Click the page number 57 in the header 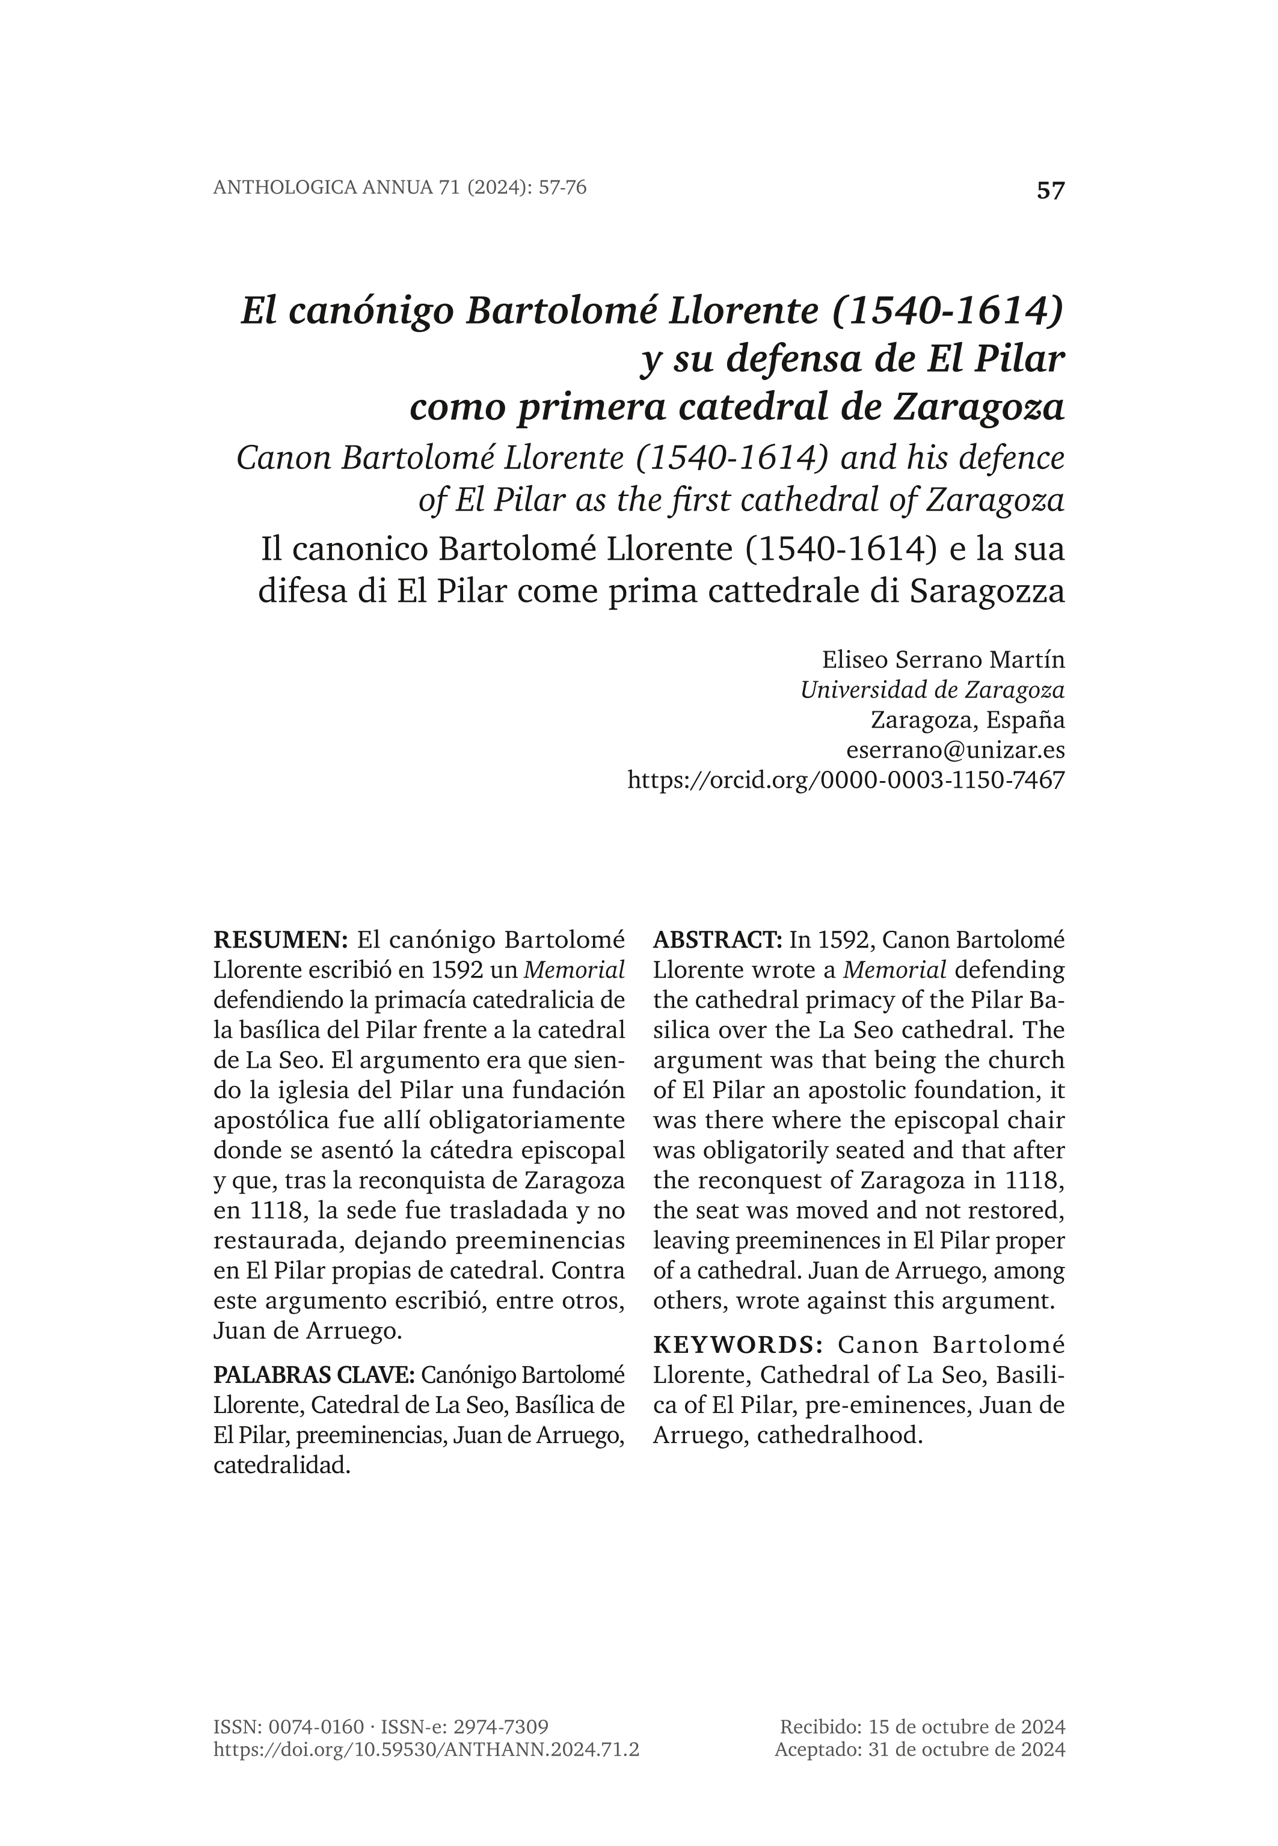1051,191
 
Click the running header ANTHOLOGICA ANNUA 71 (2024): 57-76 399,188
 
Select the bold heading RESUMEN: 280,940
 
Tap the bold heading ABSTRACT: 717,940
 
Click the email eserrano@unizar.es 955,750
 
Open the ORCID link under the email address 846,780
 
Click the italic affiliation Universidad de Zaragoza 932,690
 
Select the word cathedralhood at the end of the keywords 840,1435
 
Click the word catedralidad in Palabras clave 282,1466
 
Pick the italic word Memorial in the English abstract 894,971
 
